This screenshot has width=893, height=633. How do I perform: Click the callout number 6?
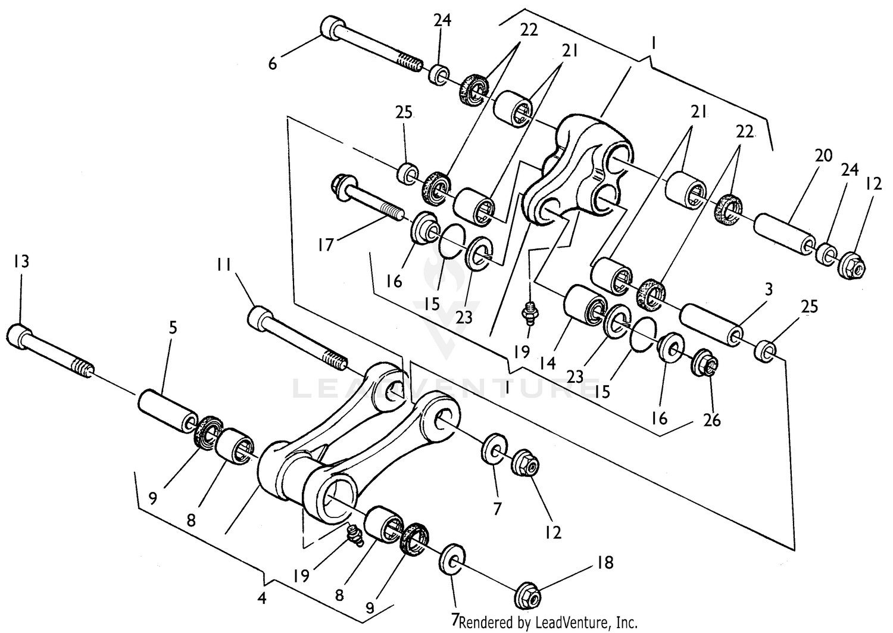(273, 64)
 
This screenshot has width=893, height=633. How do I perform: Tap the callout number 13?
(21, 261)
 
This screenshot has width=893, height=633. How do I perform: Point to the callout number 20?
(823, 156)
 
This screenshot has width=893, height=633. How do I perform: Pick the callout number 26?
(711, 420)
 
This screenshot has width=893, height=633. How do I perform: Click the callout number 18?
(605, 562)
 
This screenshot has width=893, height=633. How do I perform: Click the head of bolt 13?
(20, 336)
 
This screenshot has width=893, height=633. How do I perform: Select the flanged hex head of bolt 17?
(342, 180)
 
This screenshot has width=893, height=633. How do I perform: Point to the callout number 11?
(224, 265)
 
